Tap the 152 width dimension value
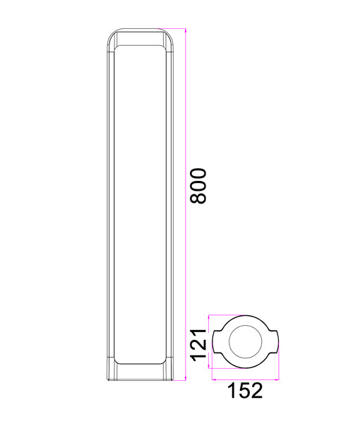[244, 391]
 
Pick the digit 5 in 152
[244, 391]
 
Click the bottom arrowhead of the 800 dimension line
[185, 379]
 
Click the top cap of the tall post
[140, 37]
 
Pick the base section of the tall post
[140, 373]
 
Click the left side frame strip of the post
[111, 205]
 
